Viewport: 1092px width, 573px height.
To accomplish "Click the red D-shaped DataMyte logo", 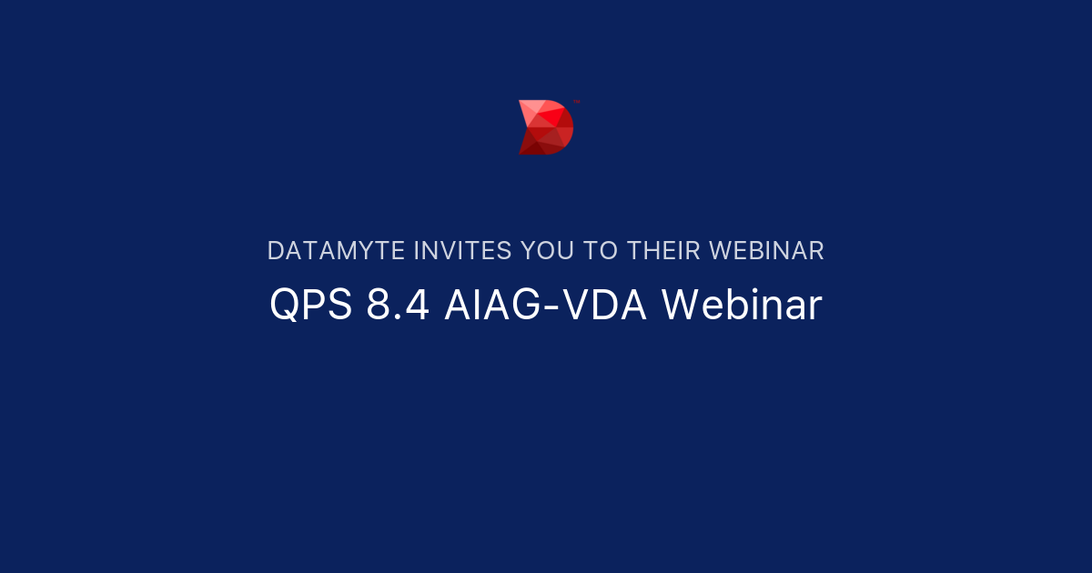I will tap(546, 127).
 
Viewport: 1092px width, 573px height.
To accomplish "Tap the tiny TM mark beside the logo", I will tap(577, 102).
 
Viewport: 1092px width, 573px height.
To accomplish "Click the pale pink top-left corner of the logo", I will tap(525, 106).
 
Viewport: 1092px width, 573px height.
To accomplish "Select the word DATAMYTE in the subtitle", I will tap(337, 251).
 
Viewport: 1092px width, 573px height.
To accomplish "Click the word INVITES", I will tap(461, 251).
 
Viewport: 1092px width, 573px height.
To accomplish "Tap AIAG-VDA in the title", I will tap(545, 306).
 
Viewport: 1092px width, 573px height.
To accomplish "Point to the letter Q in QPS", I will tap(284, 307).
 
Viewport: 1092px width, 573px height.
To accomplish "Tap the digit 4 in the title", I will tap(418, 306).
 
